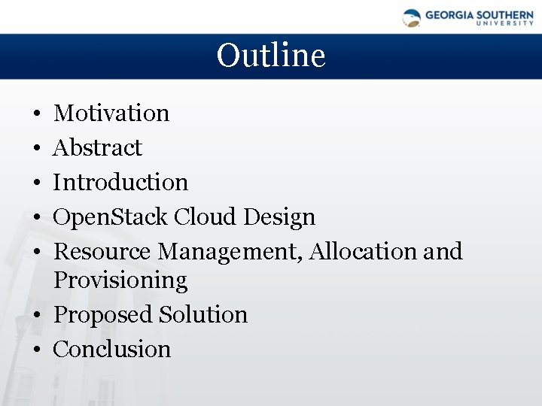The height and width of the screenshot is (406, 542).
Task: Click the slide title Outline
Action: click(271, 56)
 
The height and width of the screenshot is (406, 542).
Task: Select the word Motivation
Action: click(111, 114)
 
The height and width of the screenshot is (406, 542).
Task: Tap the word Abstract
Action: click(97, 148)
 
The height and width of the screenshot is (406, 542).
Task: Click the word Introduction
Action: click(120, 183)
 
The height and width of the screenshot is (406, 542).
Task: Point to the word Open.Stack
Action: click(111, 218)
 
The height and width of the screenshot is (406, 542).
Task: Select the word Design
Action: click(279, 217)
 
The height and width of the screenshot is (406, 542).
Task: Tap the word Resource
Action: click(103, 252)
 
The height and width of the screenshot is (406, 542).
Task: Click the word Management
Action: click(231, 252)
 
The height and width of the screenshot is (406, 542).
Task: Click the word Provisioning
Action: click(120, 280)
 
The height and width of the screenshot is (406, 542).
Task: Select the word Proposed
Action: click(103, 315)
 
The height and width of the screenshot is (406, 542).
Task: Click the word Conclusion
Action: click(112, 350)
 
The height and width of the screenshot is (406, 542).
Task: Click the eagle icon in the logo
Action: click(412, 17)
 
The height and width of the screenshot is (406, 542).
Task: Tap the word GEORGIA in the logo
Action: click(449, 14)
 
